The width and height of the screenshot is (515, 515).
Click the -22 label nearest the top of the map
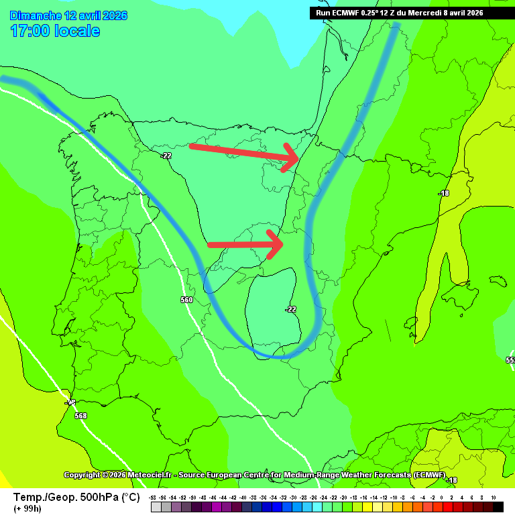click(x=166, y=156)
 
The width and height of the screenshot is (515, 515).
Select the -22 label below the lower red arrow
click(x=290, y=309)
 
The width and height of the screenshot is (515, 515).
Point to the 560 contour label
click(x=186, y=300)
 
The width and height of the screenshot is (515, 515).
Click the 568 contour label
click(x=80, y=416)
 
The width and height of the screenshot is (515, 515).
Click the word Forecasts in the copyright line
click(x=389, y=475)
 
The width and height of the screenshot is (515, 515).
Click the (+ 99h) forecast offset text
click(x=27, y=508)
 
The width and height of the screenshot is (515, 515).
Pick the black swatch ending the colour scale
click(x=498, y=507)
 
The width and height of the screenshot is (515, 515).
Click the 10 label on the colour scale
click(x=494, y=498)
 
